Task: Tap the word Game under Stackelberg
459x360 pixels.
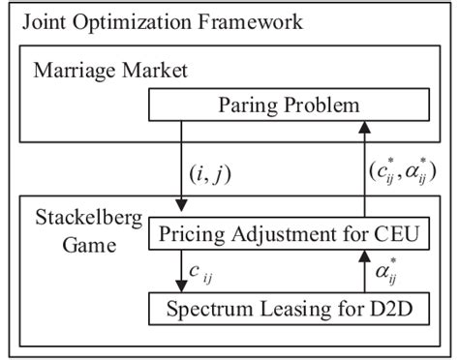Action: click(60, 246)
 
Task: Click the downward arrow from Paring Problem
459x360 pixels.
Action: click(180, 165)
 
